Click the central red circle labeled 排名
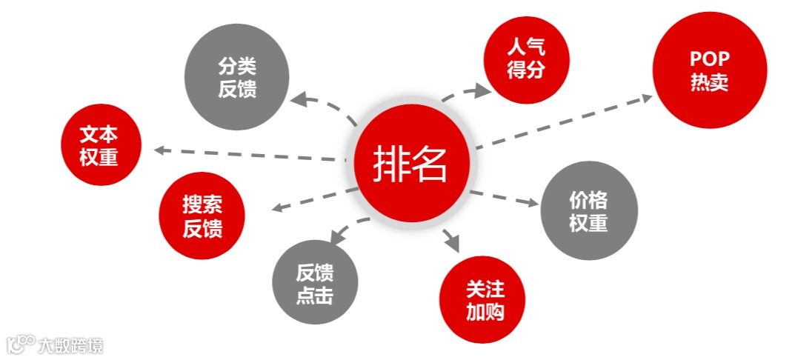(x=412, y=163)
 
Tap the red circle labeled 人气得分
(x=526, y=59)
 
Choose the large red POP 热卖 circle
(x=709, y=70)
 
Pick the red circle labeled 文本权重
(x=100, y=146)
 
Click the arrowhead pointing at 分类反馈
(x=296, y=98)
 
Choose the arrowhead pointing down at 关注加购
(x=453, y=244)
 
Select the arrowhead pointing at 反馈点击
(x=334, y=238)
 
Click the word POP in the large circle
(x=709, y=59)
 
